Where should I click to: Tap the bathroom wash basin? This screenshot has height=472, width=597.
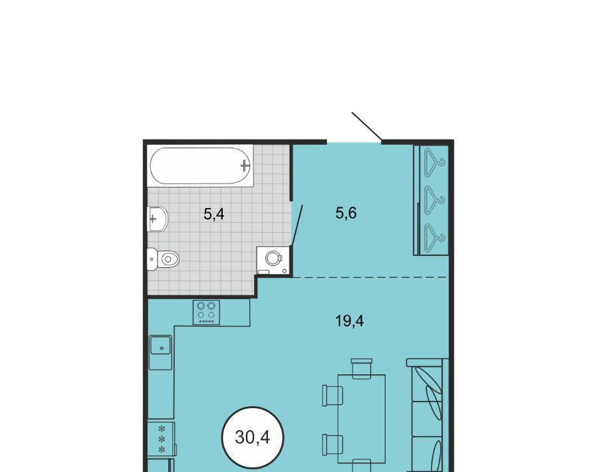[x=158, y=219]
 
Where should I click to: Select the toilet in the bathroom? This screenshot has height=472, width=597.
[x=163, y=259]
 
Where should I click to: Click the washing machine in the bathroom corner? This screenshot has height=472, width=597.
[x=273, y=260]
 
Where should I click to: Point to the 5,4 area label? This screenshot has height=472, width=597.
[x=214, y=214]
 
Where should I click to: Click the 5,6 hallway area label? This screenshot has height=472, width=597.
[x=346, y=213]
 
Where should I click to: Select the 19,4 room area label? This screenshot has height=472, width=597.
[x=349, y=321]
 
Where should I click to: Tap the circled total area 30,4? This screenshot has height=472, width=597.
[x=253, y=437]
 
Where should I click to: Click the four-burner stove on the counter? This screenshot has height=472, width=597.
[x=206, y=312]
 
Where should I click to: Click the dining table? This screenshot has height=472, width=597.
[x=361, y=419]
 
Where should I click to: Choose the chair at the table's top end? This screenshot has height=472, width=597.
[x=361, y=368]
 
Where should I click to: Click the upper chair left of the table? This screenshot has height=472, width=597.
[x=332, y=396]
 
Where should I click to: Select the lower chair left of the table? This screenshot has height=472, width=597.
[x=332, y=445]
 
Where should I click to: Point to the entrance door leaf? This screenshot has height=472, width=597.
[x=367, y=126]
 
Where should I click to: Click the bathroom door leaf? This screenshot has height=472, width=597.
[x=297, y=225]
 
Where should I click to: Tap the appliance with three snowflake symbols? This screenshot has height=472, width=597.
[x=161, y=439]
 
